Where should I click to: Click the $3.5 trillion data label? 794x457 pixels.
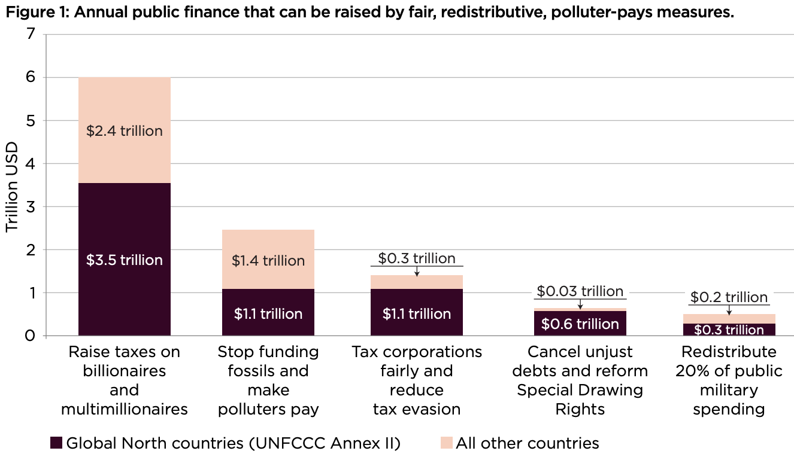point(124,260)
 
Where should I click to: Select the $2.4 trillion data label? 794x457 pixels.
point(124,130)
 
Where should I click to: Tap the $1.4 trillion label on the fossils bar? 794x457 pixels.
point(268,261)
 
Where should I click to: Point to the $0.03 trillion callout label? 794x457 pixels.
point(580,291)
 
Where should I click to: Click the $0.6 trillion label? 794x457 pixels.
point(580,324)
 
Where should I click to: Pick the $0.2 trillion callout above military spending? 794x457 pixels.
point(729,297)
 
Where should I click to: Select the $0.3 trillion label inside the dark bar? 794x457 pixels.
point(729,330)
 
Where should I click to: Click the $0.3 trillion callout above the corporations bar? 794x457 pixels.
point(417,258)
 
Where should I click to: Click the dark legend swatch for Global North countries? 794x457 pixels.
point(56,443)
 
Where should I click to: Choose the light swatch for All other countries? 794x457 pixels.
point(446,443)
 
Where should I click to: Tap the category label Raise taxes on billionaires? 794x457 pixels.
point(124,380)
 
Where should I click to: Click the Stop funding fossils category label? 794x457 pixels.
point(268,380)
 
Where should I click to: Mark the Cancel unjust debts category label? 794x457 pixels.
point(580,380)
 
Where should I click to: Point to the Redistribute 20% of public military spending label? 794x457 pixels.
point(729,380)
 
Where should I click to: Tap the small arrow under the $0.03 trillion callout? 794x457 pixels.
point(580,306)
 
